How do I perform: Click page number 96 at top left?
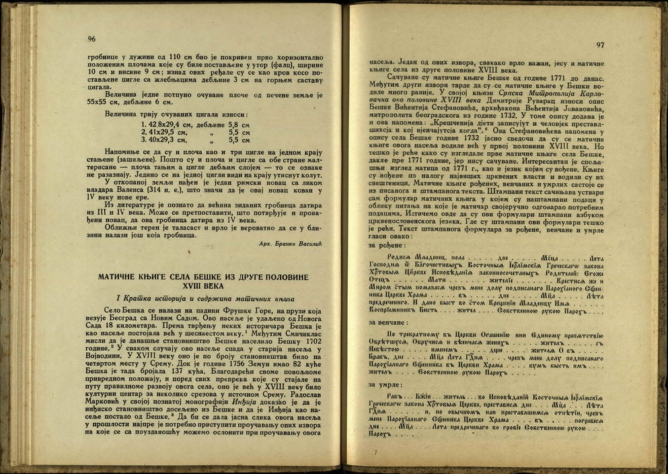91,38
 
